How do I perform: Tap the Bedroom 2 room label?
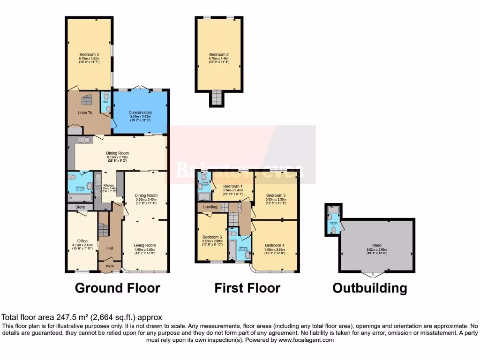[219, 54]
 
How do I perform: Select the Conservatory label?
[141, 112]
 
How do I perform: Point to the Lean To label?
[85, 113]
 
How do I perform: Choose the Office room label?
[83, 241]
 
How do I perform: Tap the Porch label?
[110, 266]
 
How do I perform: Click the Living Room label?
[145, 245]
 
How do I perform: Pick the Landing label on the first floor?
[208, 207]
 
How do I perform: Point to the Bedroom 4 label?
[275, 245]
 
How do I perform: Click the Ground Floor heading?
[118, 288]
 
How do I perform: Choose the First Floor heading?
[247, 288]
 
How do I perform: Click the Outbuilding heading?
[370, 288]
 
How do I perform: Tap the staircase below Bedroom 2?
[216, 98]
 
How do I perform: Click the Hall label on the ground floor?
[110, 248]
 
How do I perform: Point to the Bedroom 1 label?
[233, 186]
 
